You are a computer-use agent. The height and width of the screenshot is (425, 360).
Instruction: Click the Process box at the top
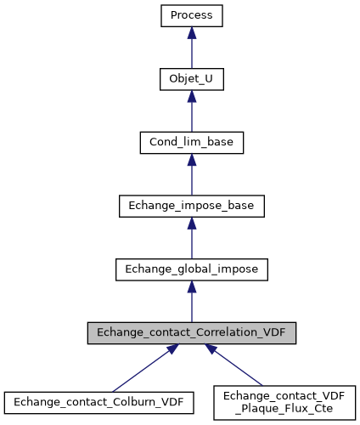[192, 15]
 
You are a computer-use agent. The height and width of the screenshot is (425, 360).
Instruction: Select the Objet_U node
[192, 79]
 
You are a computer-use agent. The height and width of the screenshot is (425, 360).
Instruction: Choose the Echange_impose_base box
[192, 206]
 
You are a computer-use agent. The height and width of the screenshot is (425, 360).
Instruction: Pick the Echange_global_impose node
[192, 269]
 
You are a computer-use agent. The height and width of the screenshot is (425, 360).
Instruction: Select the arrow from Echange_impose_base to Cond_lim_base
[192, 174]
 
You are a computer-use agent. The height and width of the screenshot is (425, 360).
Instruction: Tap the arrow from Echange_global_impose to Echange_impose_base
[192, 238]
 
